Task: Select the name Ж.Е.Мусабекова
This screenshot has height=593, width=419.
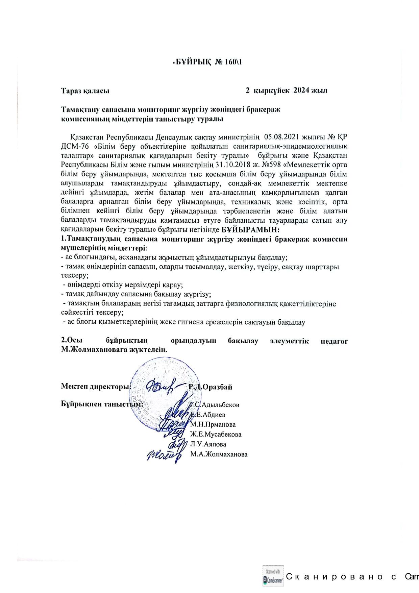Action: point(216,435)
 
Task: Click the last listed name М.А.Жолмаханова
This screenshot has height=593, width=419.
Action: point(219,454)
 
